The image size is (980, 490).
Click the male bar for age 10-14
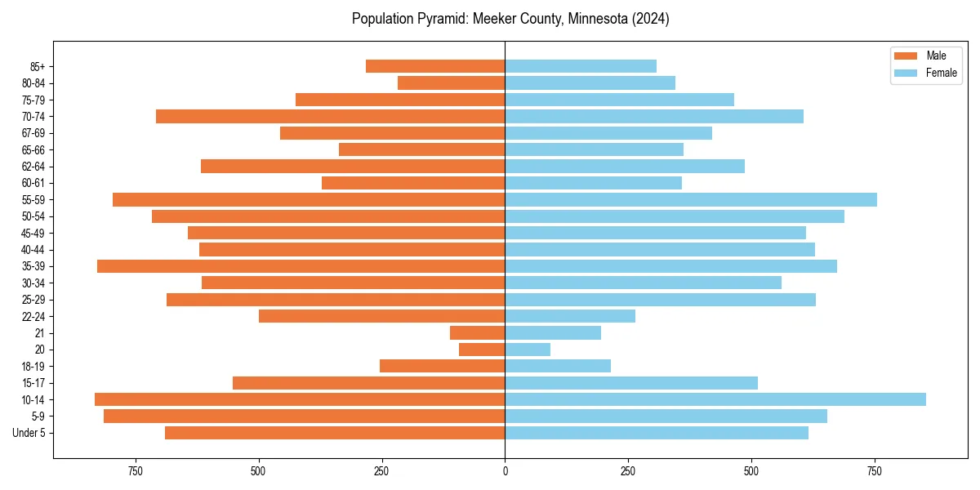pyautogui.click(x=300, y=399)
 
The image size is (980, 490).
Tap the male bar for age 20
pyautogui.click(x=482, y=350)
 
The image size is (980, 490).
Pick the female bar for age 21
pyautogui.click(x=553, y=332)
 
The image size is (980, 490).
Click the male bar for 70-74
pyautogui.click(x=330, y=116)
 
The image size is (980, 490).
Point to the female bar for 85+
pyautogui.click(x=581, y=66)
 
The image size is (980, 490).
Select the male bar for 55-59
pyautogui.click(x=309, y=199)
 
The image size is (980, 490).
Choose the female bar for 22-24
pyautogui.click(x=570, y=316)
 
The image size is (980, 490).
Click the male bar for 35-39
pyautogui.click(x=301, y=266)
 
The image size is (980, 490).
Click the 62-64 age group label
pyautogui.click(x=33, y=166)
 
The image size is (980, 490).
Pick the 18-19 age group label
pyautogui.click(x=33, y=366)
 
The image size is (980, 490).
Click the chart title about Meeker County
pyautogui.click(x=510, y=19)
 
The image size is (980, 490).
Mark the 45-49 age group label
pyautogui.click(x=33, y=233)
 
